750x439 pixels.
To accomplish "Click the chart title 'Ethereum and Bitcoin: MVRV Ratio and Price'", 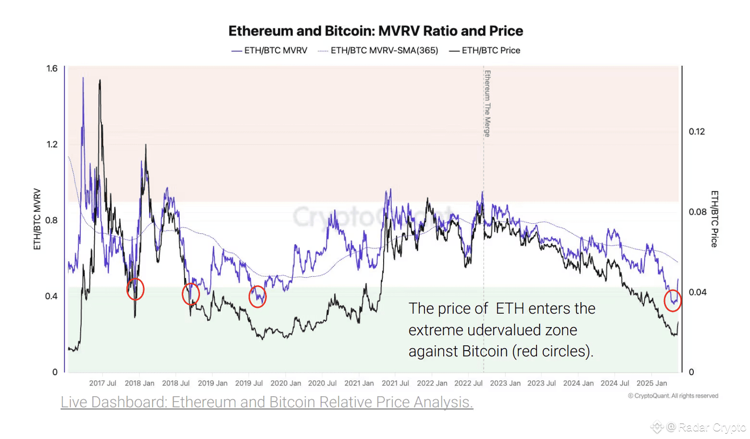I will [x=375, y=31].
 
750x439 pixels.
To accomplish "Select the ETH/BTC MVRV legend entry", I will [x=269, y=50].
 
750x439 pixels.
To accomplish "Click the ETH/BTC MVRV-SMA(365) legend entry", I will [x=378, y=50].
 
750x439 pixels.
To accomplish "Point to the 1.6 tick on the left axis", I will [x=52, y=69].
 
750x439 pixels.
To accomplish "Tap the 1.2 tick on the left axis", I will [x=52, y=145].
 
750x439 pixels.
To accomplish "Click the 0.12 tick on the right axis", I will [x=697, y=132].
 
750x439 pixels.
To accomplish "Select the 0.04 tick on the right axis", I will [x=697, y=292].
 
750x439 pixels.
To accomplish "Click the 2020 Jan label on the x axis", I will [x=286, y=383].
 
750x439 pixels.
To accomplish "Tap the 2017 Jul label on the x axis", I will [x=102, y=383].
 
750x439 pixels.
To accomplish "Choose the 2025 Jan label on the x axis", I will [x=651, y=383].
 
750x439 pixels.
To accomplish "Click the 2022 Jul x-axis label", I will [x=468, y=383].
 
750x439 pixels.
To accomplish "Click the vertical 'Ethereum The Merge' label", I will [x=487, y=103].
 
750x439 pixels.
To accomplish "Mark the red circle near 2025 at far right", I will [x=673, y=301].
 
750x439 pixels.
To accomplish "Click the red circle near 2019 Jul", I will [x=258, y=297].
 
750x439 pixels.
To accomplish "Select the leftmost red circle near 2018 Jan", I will [x=136, y=289].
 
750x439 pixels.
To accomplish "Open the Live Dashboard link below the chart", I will [x=267, y=402].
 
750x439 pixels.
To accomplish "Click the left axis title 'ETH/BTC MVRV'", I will [x=37, y=219].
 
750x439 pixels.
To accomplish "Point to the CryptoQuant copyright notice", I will [x=673, y=396].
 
